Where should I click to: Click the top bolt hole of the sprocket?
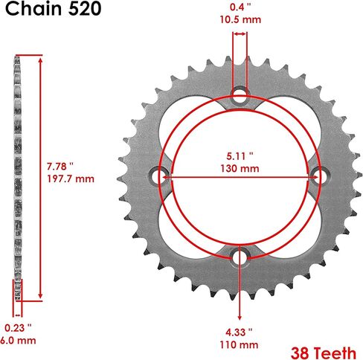240,95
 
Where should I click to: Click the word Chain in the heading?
33,9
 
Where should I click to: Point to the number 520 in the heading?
85,9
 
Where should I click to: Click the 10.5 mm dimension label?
240,20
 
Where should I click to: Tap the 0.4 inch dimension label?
240,7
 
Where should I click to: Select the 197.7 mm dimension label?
71,179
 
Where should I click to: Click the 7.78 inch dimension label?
60,167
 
